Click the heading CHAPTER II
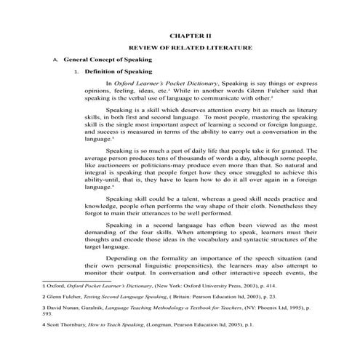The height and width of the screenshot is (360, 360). click(190, 34)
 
